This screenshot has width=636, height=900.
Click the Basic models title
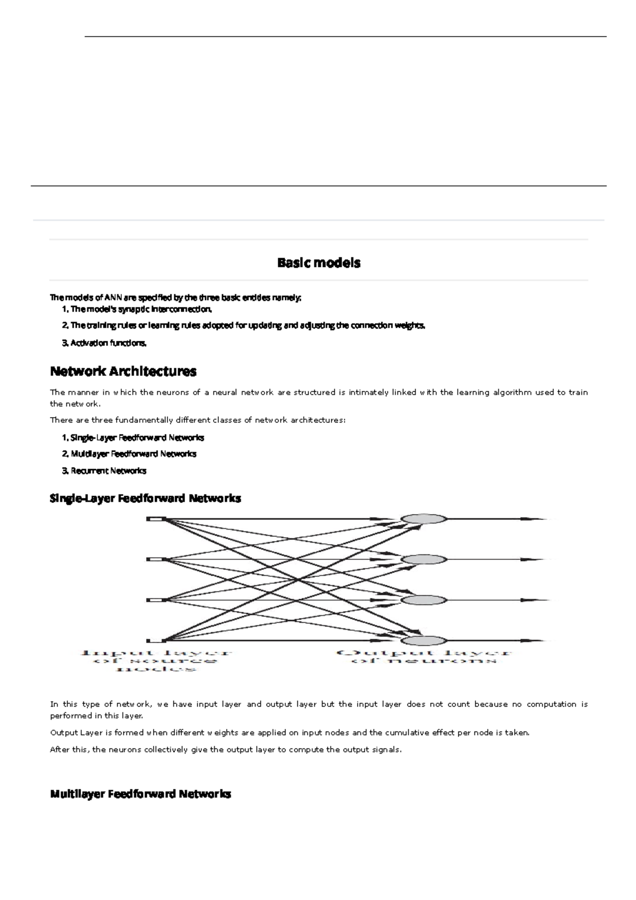(x=319, y=262)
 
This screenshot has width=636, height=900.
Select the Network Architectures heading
(x=123, y=371)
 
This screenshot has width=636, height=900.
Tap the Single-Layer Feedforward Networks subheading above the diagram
(x=145, y=498)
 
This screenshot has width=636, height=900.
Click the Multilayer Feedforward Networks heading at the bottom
(x=140, y=794)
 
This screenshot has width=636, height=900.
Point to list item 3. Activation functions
(x=104, y=343)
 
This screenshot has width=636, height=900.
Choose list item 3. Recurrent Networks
(x=104, y=471)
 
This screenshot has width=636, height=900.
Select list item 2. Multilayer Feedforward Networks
(x=129, y=454)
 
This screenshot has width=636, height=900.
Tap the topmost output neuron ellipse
(x=424, y=519)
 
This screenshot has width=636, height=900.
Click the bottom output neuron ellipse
(x=424, y=640)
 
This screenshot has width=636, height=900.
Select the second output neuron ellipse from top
(x=424, y=559)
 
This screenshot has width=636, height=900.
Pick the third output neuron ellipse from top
(x=424, y=600)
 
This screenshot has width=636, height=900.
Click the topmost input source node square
(x=156, y=519)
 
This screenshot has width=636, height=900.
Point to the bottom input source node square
(x=156, y=640)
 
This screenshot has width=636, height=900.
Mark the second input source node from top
(x=156, y=559)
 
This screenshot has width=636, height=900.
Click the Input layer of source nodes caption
(x=156, y=660)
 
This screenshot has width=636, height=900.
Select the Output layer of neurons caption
(x=424, y=657)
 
